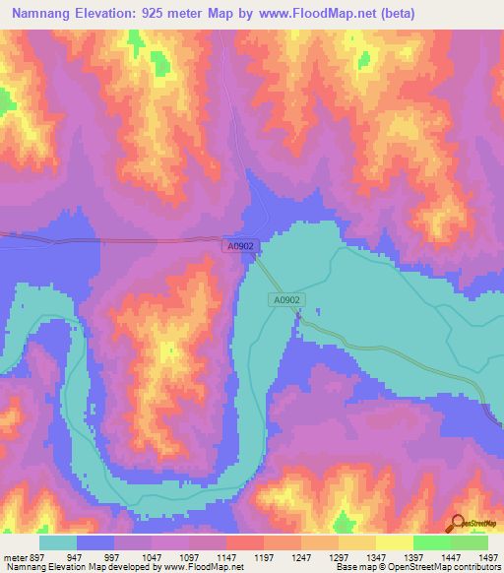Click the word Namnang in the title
[42, 13]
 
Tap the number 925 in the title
[164, 13]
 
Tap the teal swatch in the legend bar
[58, 542]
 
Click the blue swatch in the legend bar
[95, 542]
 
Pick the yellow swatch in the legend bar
[395, 542]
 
